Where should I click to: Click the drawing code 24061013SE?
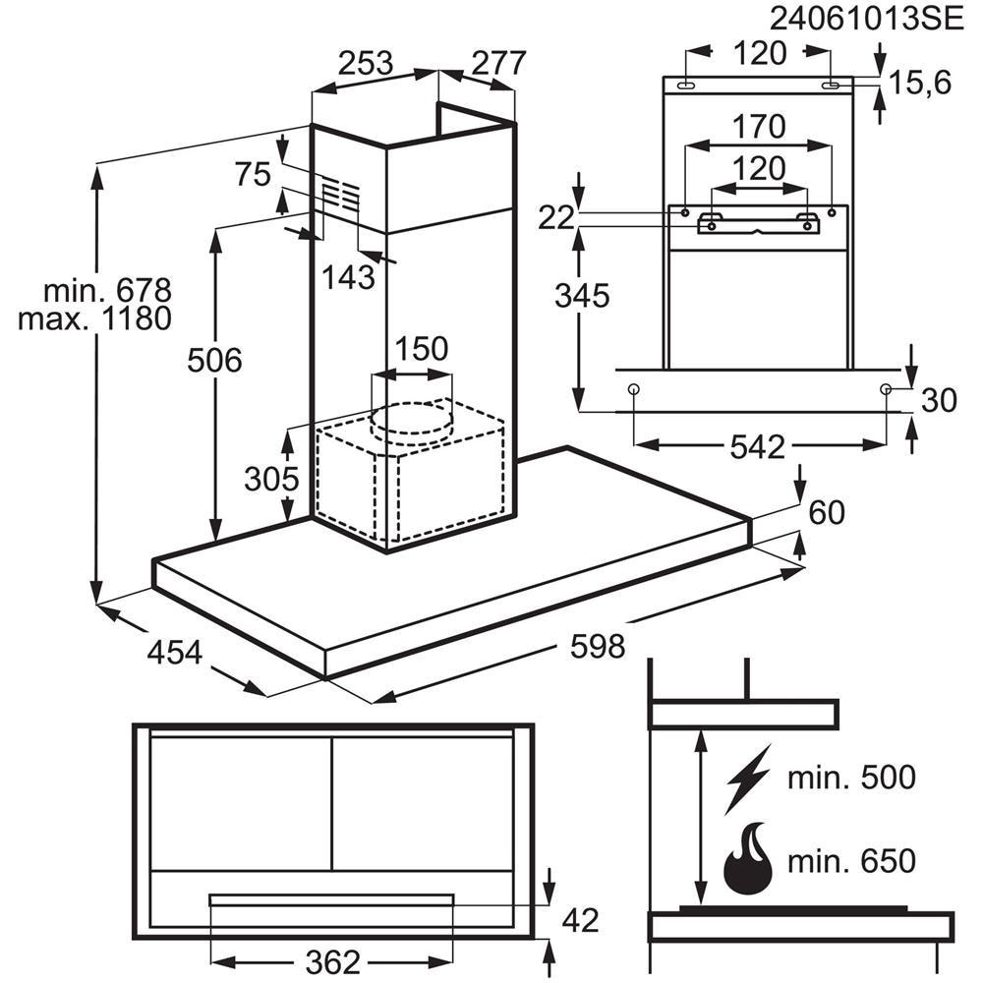coord(866,19)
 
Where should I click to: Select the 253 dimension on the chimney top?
coord(366,63)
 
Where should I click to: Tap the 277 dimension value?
coord(498,63)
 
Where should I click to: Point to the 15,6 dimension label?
coord(920,83)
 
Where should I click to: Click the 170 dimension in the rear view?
coord(759,126)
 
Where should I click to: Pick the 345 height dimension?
coord(582,295)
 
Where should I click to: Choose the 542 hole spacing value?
coord(757,447)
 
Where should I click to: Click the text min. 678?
coord(107,290)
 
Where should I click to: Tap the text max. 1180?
coord(94,318)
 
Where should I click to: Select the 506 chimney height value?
coord(214,361)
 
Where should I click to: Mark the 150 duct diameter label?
coord(422,349)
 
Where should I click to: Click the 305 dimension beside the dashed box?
coord(271,479)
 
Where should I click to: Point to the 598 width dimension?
coord(598,647)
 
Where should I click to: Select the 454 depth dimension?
coord(175,652)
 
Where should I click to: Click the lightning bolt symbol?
coord(747,780)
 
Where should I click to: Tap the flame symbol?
coord(747,859)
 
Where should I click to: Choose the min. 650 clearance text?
coord(851,861)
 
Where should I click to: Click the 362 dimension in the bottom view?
coord(333,961)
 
